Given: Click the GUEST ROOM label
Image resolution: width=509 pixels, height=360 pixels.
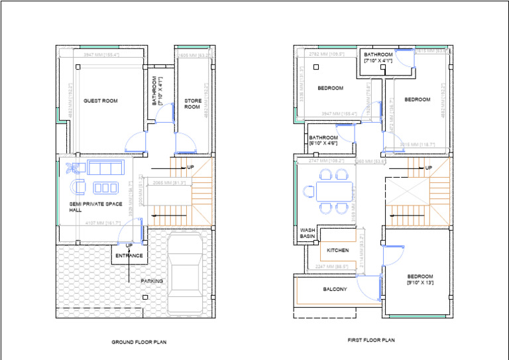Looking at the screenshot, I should (x=100, y=101).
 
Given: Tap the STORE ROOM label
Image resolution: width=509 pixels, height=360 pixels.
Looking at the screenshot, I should (x=192, y=103).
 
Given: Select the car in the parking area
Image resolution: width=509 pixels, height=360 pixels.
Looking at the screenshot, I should (x=186, y=274).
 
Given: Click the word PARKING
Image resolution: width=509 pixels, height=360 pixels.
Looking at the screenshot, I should (x=152, y=281).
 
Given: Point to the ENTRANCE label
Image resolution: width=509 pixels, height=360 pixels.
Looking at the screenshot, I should (x=129, y=255).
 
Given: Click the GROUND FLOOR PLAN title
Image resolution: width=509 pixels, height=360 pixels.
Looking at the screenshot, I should (x=139, y=342).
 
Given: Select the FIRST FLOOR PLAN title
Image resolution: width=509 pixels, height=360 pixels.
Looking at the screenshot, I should (x=370, y=340).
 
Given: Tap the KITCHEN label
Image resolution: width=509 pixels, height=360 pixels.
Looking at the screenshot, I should (x=337, y=251).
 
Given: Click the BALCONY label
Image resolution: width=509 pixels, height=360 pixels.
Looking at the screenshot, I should (x=335, y=289).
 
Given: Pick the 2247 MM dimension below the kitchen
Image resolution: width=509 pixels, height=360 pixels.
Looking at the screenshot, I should (x=329, y=267).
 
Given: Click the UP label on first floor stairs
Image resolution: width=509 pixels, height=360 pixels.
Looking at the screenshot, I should (x=428, y=168).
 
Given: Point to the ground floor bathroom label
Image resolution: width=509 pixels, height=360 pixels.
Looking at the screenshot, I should (x=156, y=91).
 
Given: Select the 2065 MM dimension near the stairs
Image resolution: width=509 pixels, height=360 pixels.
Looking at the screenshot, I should (x=169, y=182).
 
